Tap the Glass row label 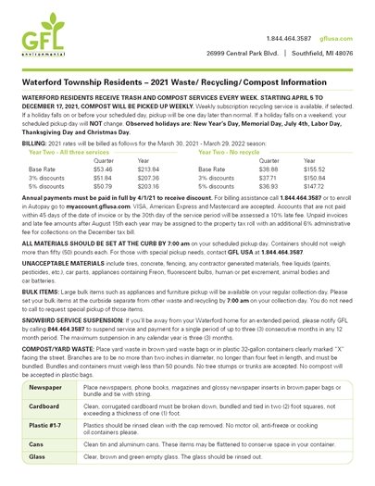click(38, 457)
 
